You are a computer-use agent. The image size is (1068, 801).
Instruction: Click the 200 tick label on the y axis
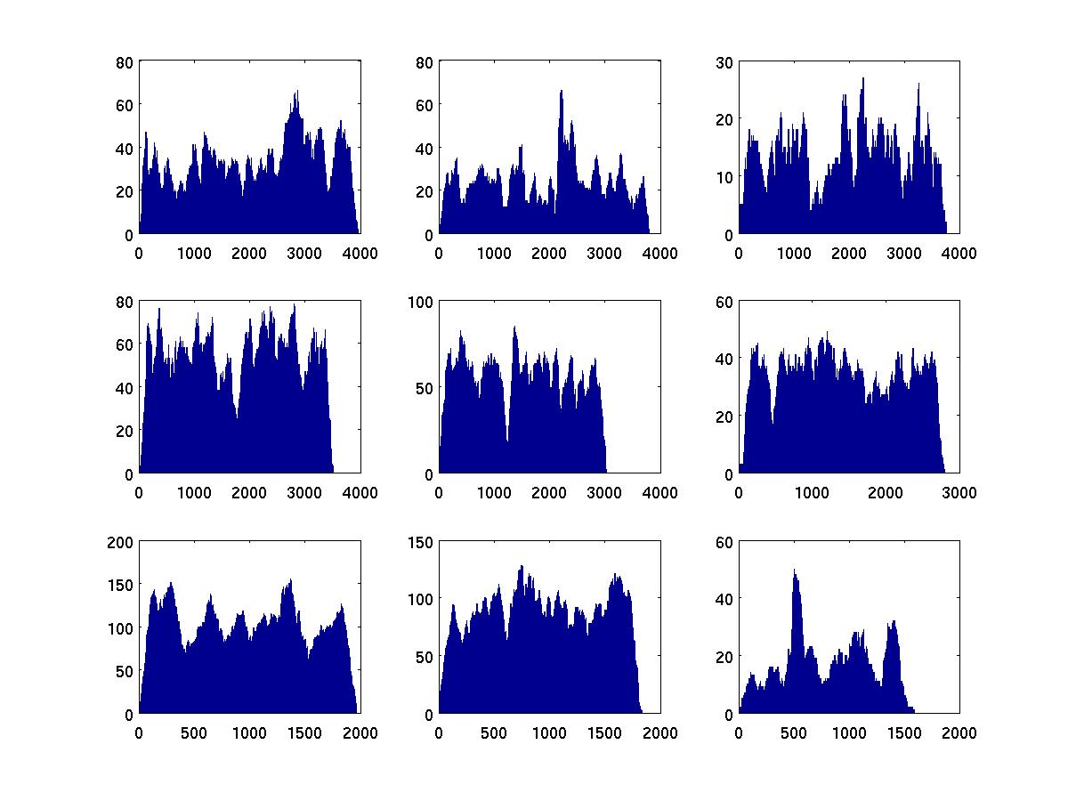(121, 541)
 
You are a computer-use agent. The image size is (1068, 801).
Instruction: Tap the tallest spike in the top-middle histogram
(562, 91)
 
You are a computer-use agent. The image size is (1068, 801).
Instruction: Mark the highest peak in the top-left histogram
(296, 91)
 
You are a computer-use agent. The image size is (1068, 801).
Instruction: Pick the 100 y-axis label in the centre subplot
(421, 302)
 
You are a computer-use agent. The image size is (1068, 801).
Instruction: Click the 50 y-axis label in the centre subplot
(425, 388)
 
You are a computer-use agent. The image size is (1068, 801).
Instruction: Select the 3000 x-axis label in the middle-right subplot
(959, 492)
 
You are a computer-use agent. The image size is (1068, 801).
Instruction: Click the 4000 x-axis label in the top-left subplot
(360, 253)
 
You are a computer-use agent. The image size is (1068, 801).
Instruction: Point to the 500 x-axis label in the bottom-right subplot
(794, 732)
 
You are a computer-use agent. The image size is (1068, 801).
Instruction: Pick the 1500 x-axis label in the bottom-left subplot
(304, 732)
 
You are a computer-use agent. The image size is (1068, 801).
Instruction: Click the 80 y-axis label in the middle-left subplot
(125, 302)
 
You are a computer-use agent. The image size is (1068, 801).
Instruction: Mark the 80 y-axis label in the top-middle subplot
(425, 61)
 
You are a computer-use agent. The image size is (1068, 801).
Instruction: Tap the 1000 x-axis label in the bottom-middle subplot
(549, 732)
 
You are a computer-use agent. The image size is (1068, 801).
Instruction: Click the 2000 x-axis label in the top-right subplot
(849, 253)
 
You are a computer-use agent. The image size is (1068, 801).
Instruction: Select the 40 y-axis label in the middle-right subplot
(724, 359)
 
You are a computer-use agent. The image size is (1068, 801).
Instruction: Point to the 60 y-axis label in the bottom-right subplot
(724, 541)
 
